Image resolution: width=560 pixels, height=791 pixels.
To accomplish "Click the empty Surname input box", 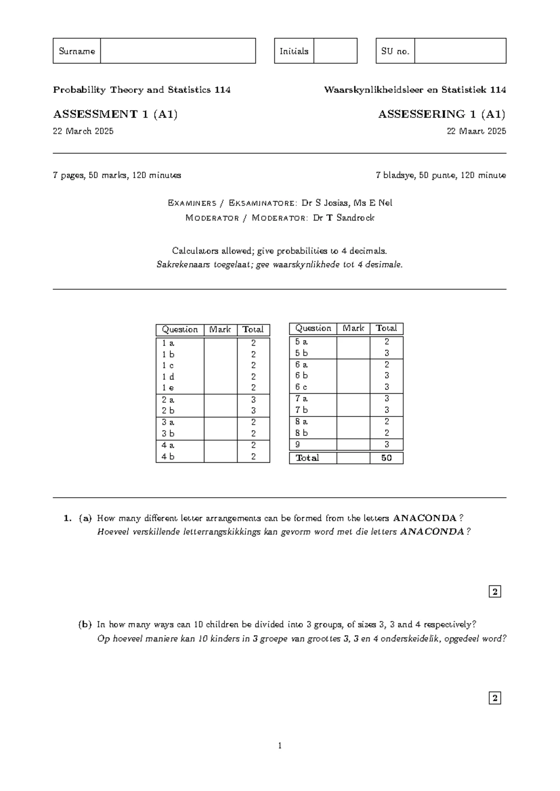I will click(178, 51).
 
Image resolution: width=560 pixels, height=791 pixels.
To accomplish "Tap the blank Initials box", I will click(335, 51).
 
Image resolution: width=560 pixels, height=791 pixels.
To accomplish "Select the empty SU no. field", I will click(460, 51).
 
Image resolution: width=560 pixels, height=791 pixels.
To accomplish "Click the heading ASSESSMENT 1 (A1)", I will click(115, 114).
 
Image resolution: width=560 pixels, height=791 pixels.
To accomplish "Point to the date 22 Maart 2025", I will click(476, 131).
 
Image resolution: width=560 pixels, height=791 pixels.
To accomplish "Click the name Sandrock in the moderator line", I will click(355, 218).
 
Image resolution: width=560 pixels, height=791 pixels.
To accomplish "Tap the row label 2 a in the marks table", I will click(168, 400).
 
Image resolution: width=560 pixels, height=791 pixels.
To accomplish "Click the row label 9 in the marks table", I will click(298, 444).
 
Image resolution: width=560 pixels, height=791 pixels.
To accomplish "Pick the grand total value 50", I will click(386, 458).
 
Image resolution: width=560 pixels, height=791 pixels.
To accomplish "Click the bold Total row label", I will click(307, 458).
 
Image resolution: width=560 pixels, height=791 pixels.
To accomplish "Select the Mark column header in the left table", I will click(220, 330).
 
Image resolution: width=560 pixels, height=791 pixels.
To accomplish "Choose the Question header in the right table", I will click(313, 328).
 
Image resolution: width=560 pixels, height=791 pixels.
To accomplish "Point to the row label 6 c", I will click(301, 387).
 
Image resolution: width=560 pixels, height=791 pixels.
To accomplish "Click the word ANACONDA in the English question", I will click(425, 518).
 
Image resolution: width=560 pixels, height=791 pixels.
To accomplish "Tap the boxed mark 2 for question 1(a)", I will click(495, 592).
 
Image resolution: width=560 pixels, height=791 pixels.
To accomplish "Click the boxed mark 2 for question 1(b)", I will click(495, 698).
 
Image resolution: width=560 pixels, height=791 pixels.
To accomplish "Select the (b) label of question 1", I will click(84, 624).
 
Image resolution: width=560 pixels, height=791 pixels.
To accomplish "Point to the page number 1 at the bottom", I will click(280, 746).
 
